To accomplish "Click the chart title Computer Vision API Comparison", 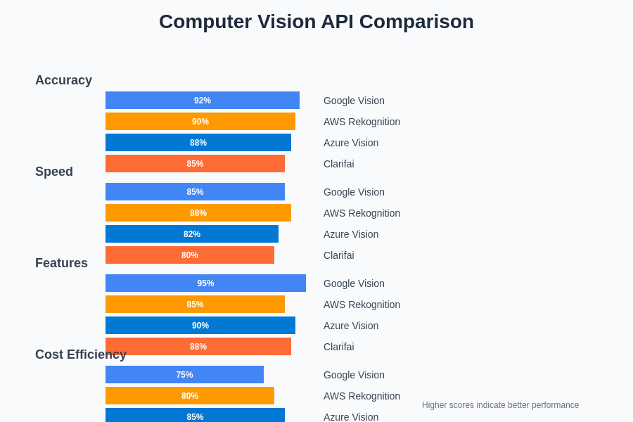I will pos(316,22).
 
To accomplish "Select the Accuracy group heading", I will pos(63,80).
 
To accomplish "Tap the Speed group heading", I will pos(54,172).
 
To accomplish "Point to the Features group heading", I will pos(61,263).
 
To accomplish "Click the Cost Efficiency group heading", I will pos(81,354).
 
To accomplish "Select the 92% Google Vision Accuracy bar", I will pos(203,101).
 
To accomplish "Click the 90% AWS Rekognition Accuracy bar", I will pos(200,122).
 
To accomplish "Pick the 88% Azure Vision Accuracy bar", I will pos(198,143).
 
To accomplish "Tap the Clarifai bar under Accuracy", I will pos(195,164).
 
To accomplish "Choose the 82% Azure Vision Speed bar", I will pos(192,234).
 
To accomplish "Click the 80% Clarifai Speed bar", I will pos(190,255).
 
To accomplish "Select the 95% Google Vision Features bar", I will pos(205,283).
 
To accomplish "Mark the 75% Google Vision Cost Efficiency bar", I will pos(184,375).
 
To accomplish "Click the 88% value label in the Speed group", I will pos(198,213).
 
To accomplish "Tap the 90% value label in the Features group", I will pos(200,326).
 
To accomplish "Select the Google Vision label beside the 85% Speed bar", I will pos(354,192).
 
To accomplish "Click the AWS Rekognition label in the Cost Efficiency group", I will pos(362,396).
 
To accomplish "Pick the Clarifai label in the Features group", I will pos(338,347).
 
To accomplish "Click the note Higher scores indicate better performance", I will pos(500,405).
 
